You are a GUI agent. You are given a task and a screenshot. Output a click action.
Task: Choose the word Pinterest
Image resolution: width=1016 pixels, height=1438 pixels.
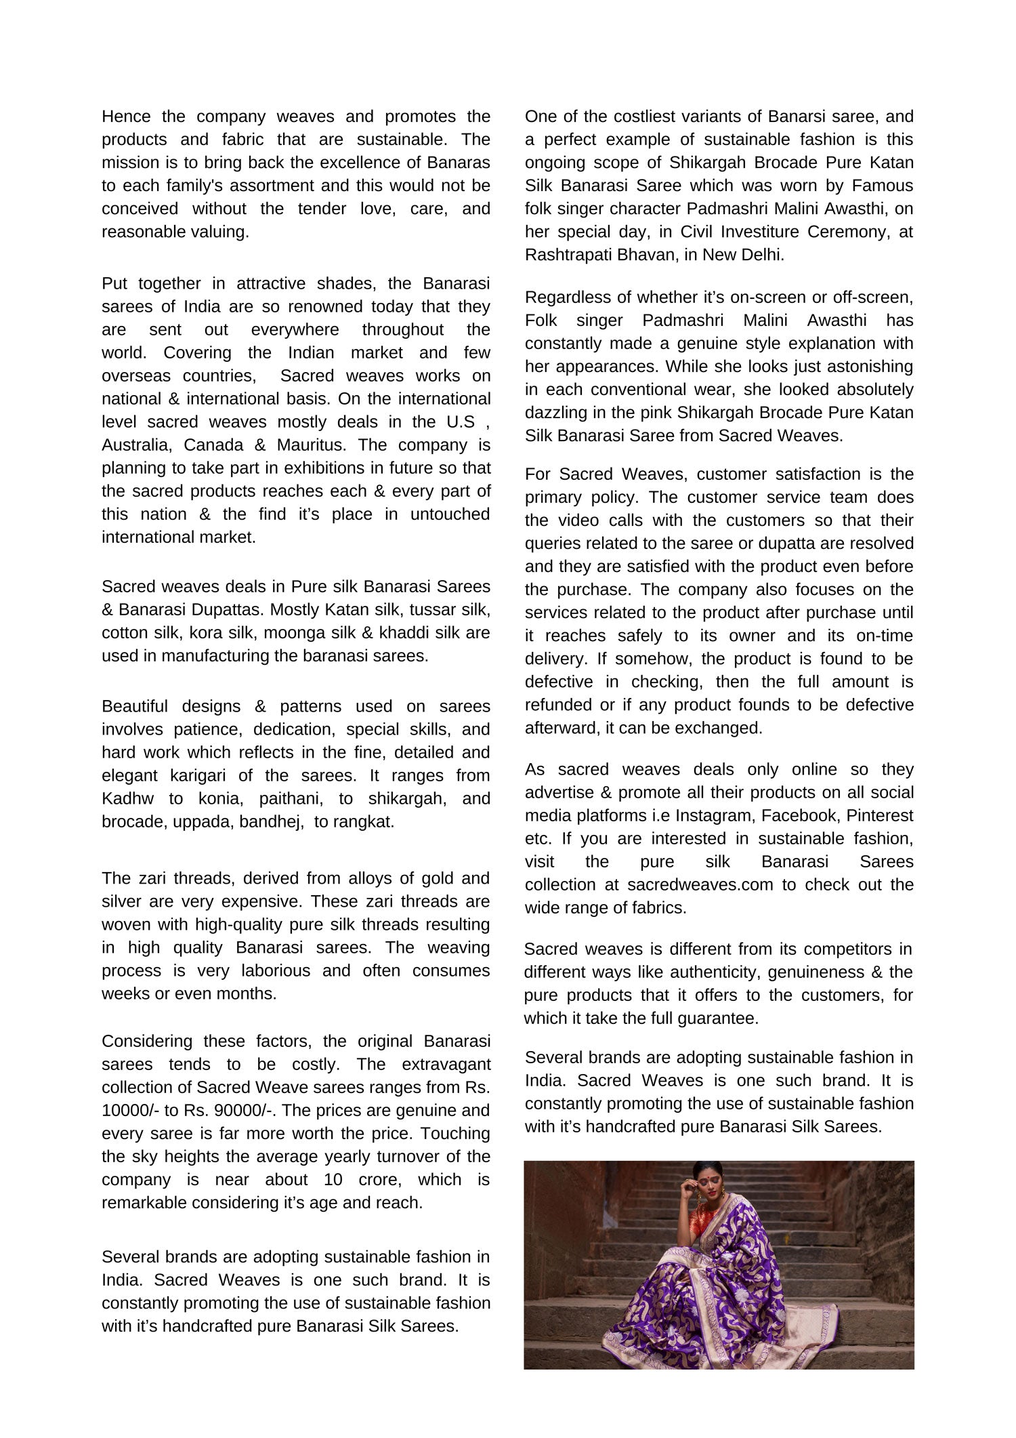pos(880,815)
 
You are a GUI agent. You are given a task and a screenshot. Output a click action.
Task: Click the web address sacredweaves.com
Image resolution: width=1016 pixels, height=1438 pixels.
pos(700,884)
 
